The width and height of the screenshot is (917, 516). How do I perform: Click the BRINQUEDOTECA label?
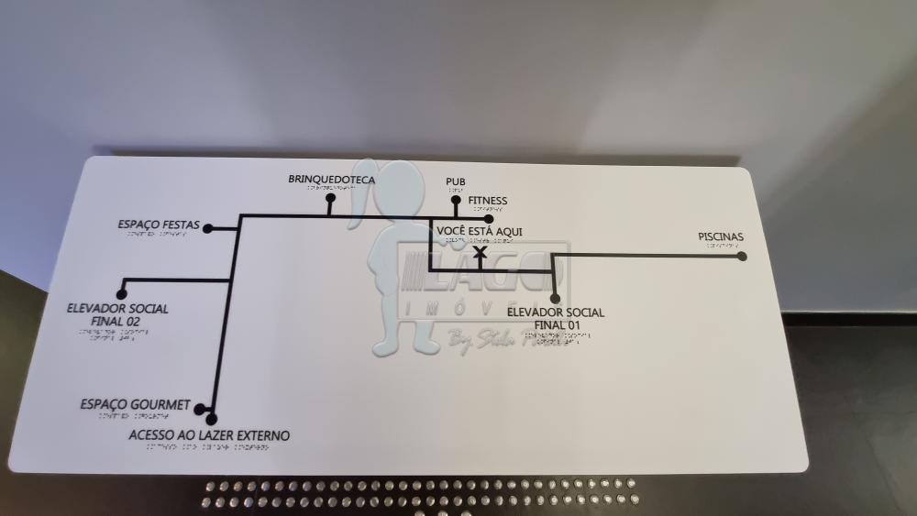click(x=331, y=180)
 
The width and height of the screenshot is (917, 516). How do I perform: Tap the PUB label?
click(x=455, y=181)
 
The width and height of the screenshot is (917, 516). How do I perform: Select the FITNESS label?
click(x=487, y=201)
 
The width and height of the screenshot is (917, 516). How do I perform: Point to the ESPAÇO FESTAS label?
click(x=159, y=224)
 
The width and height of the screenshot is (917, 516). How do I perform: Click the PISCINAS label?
click(x=720, y=237)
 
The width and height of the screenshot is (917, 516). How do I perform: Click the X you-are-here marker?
click(x=479, y=251)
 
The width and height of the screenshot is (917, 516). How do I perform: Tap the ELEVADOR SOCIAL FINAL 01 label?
click(x=556, y=318)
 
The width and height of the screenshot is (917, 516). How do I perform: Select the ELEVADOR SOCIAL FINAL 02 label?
click(x=117, y=314)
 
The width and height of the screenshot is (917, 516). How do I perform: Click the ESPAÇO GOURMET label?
click(x=135, y=404)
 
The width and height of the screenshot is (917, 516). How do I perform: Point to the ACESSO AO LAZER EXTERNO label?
click(x=209, y=435)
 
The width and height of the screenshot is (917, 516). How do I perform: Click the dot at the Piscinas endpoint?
click(x=742, y=257)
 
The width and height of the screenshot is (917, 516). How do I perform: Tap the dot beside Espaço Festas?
click(x=208, y=228)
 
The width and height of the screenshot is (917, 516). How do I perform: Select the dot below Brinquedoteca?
click(x=330, y=197)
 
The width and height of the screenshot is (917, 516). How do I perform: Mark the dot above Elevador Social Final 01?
click(x=555, y=297)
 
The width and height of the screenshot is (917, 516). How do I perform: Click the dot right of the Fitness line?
click(x=489, y=218)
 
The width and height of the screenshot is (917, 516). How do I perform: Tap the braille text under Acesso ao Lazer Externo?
click(x=199, y=448)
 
